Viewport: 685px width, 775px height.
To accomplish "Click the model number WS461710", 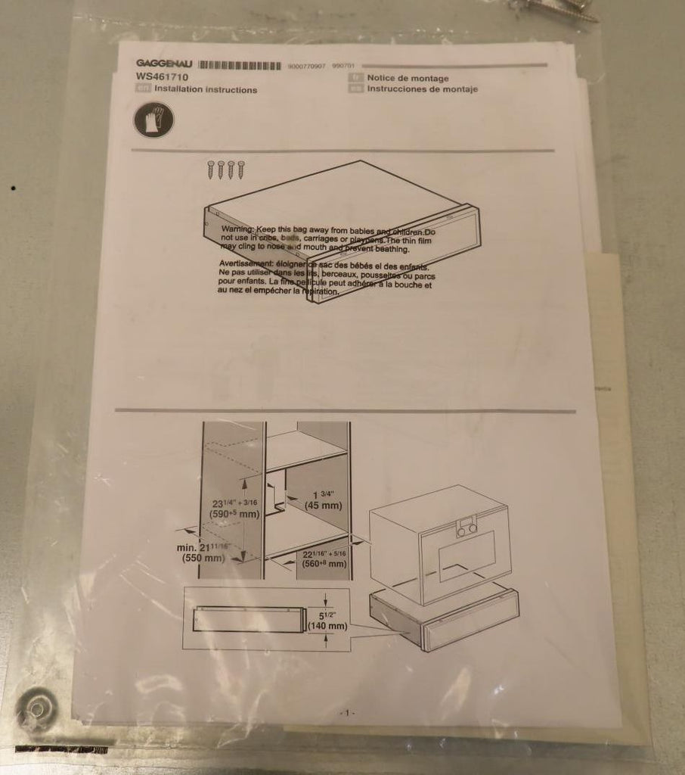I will pyautogui.click(x=163, y=77).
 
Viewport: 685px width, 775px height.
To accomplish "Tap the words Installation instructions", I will pyautogui.click(x=205, y=89).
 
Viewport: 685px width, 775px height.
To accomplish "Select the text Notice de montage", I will pyautogui.click(x=408, y=78).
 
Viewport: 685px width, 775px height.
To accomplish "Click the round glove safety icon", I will pyautogui.click(x=153, y=120).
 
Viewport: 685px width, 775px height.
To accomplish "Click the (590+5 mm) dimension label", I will pyautogui.click(x=235, y=515).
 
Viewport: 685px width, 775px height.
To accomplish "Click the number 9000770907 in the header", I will pyautogui.click(x=307, y=67).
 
